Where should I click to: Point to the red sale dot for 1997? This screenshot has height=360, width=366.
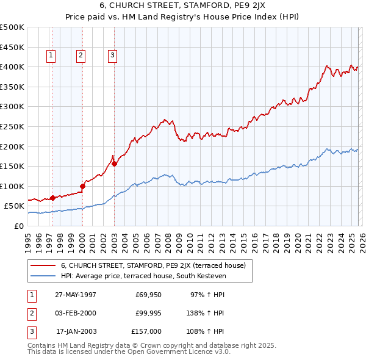[x=53, y=198]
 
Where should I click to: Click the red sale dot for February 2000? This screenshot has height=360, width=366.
[x=82, y=186]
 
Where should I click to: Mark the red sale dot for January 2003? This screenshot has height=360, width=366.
[x=114, y=163]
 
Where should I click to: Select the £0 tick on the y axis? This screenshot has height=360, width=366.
[x=20, y=226]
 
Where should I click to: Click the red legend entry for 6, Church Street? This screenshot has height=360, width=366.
[x=152, y=265]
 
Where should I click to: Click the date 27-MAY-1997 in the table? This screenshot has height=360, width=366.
[x=76, y=295]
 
